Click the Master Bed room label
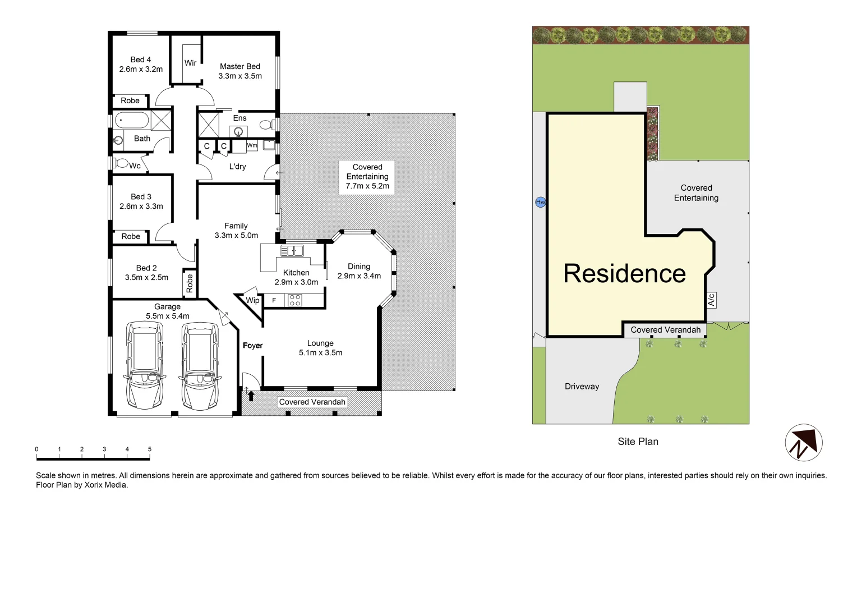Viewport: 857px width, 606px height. pyautogui.click(x=239, y=66)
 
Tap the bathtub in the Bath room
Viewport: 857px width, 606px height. pyautogui.click(x=132, y=120)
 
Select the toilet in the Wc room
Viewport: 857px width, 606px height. pyautogui.click(x=121, y=163)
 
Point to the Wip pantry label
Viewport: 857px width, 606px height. pyautogui.click(x=252, y=300)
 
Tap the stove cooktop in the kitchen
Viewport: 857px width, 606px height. pyautogui.click(x=294, y=301)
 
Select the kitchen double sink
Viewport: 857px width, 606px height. pyautogui.click(x=292, y=250)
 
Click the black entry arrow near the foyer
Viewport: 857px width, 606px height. pyautogui.click(x=251, y=396)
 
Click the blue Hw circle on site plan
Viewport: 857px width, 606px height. pyautogui.click(x=540, y=202)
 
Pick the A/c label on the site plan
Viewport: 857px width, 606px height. pyautogui.click(x=711, y=300)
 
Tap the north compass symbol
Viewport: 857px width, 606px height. pyautogui.click(x=803, y=443)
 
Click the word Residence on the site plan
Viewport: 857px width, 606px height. pyautogui.click(x=624, y=274)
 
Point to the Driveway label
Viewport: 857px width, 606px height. pyautogui.click(x=582, y=387)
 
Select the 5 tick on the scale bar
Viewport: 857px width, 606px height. pyautogui.click(x=150, y=449)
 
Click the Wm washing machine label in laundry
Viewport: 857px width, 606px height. pyautogui.click(x=252, y=145)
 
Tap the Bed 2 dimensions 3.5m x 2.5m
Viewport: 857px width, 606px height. pyautogui.click(x=146, y=277)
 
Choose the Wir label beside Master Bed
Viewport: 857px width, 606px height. pyautogui.click(x=191, y=63)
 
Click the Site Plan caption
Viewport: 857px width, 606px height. pyautogui.click(x=638, y=442)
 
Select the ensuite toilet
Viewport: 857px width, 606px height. pyautogui.click(x=268, y=124)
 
